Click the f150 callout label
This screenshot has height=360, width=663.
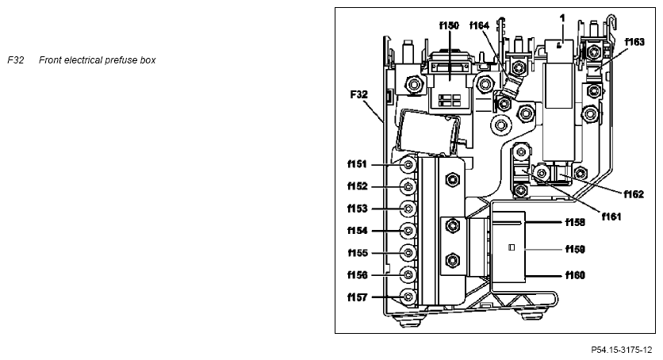tap(449, 26)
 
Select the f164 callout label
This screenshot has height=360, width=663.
tap(480, 26)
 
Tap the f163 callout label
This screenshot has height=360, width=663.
tap(634, 42)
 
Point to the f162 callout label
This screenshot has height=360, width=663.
tap(634, 194)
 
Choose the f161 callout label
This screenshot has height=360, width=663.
tap(611, 216)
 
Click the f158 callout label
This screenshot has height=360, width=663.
tap(576, 222)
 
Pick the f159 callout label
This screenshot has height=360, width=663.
tap(576, 249)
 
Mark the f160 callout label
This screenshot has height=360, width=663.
tap(576, 275)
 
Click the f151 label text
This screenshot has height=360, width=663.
tap(358, 164)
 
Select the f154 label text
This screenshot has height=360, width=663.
tap(358, 230)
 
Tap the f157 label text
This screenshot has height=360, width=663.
tap(358, 297)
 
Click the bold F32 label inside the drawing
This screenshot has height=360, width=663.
tap(359, 94)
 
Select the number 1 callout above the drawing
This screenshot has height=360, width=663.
tap(562, 18)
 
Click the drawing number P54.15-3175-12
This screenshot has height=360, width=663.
tap(622, 350)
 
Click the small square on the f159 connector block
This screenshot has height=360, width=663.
tap(512, 247)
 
